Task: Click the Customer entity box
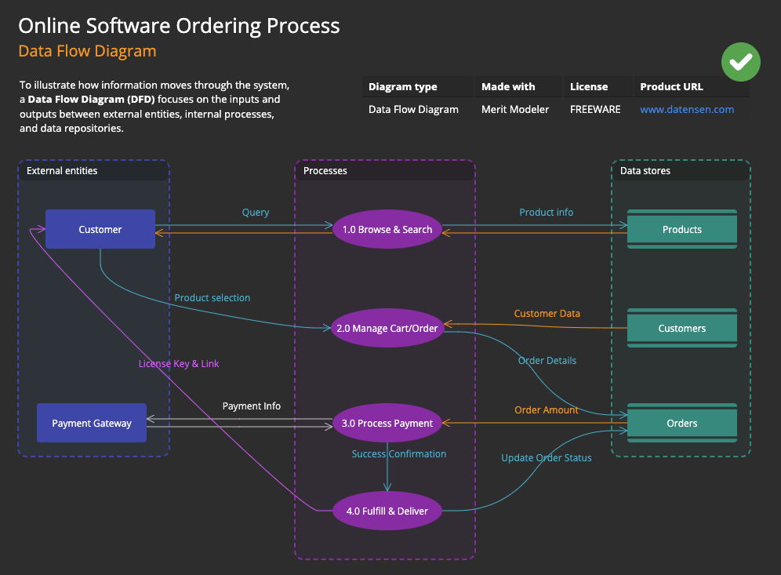[x=100, y=229]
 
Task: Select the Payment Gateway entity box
[x=92, y=423]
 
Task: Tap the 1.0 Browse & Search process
[x=387, y=229]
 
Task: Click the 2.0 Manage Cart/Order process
[x=387, y=328]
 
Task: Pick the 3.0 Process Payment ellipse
[x=387, y=423]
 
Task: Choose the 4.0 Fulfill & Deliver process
[x=387, y=511]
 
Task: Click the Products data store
[x=681, y=229]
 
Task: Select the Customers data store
[x=681, y=328]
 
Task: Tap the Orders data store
[x=681, y=423]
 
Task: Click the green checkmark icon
[x=741, y=62]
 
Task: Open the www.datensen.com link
[x=687, y=110]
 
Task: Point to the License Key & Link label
[x=180, y=364]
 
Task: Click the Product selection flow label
[x=213, y=298]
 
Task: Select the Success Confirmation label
[x=398, y=454]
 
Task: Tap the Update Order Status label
[x=547, y=458]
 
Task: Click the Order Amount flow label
[x=547, y=409]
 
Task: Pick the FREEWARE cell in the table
[x=595, y=110]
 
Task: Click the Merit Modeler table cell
[x=515, y=110]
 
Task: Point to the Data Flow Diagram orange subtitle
[x=87, y=51]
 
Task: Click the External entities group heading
[x=62, y=170]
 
